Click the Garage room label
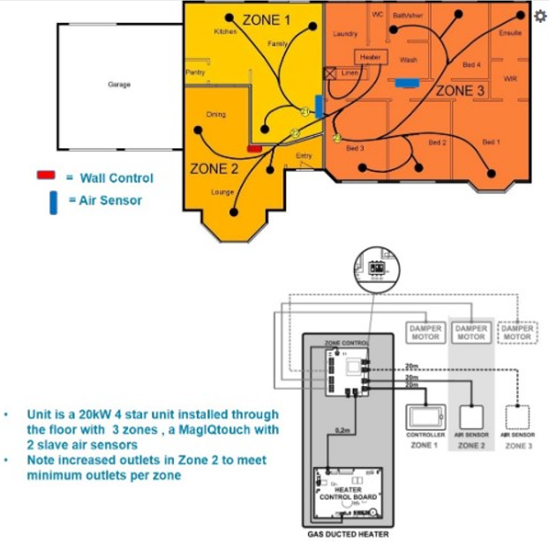click(x=119, y=85)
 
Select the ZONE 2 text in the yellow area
click(x=214, y=169)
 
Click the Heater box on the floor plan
click(x=372, y=57)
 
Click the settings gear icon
click(x=540, y=17)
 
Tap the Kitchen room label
click(x=226, y=32)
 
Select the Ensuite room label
click(x=510, y=33)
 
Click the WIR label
click(x=510, y=78)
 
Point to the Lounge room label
click(x=222, y=190)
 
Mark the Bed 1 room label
click(x=492, y=142)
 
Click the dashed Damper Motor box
click(x=517, y=331)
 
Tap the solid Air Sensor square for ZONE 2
click(x=471, y=415)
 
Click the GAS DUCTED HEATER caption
click(x=348, y=533)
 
